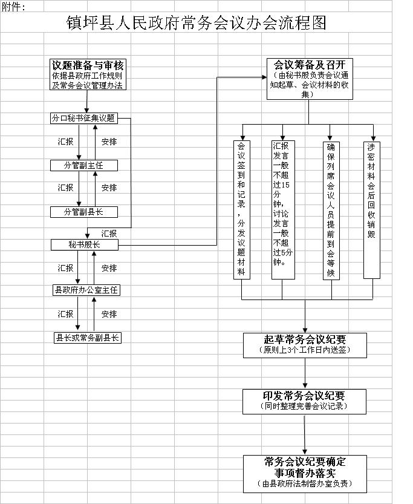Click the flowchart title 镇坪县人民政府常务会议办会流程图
(x=197, y=23)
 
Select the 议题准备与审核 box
(x=88, y=74)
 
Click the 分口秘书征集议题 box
(x=84, y=119)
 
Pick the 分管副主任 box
(x=84, y=166)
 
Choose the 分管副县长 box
(x=84, y=212)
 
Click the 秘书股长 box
(x=85, y=244)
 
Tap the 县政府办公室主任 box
(x=86, y=290)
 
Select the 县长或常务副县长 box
(x=87, y=338)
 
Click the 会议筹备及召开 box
(x=310, y=79)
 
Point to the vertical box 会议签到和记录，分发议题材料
(x=241, y=209)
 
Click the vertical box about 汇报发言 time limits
(x=283, y=209)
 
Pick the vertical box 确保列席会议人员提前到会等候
(x=331, y=211)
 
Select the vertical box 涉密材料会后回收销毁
(x=371, y=210)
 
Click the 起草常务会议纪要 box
(x=305, y=345)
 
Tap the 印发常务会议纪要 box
(x=304, y=402)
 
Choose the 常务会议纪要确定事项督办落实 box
(x=305, y=474)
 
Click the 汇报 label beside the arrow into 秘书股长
(x=109, y=234)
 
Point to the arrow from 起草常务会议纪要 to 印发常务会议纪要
(x=305, y=373)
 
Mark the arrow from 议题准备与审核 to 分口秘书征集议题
(x=86, y=101)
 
